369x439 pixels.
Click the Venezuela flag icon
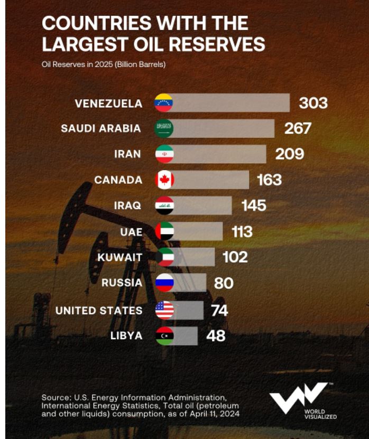pos(164,103)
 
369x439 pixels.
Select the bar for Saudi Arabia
pos(224,128)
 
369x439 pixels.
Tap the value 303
pos(313,103)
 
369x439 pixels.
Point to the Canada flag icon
pos(164,180)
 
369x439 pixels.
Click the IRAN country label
pos(127,154)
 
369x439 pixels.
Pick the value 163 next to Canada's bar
pos(269,180)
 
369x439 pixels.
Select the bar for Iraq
pos(203,206)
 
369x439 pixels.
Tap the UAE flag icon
pos(164,231)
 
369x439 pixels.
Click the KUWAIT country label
pos(120,257)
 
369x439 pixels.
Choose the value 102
pos(235,257)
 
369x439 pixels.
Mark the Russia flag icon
pos(164,283)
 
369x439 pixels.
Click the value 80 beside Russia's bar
pos(224,283)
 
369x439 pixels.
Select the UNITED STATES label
pos(99,310)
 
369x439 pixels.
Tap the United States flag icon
pos(164,310)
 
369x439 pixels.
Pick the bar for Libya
pos(186,335)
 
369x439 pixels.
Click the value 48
pos(216,335)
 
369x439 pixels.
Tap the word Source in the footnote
pos(54,397)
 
